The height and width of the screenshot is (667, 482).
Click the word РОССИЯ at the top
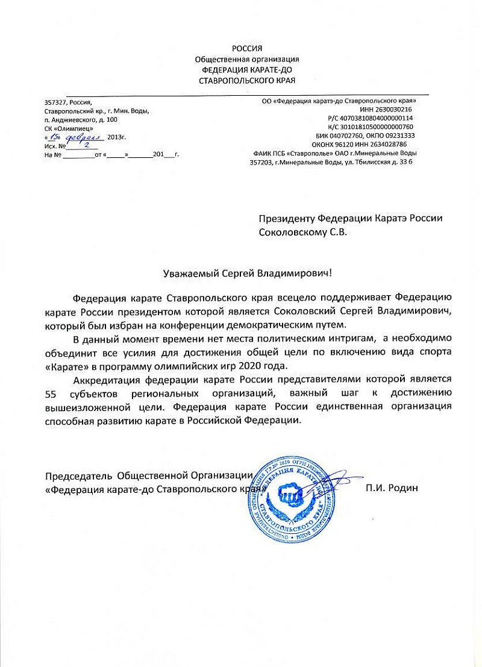pos(247,48)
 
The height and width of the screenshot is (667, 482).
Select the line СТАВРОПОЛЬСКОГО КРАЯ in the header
pos(247,80)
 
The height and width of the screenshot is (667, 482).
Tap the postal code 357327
pos(56,102)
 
